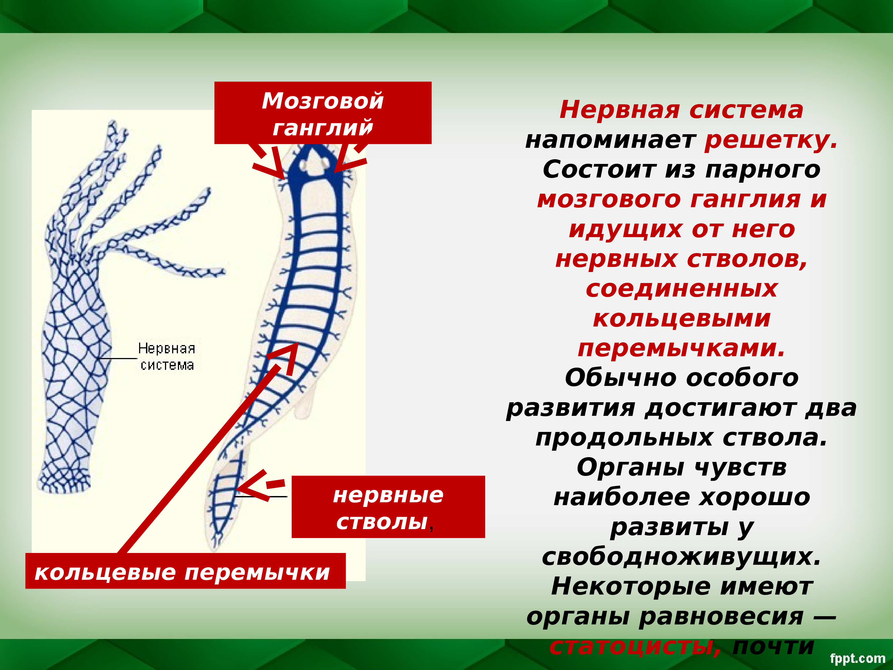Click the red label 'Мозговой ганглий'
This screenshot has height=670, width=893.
(x=323, y=113)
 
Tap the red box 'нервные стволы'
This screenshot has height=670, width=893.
(x=388, y=508)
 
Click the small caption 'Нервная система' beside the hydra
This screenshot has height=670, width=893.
(x=166, y=357)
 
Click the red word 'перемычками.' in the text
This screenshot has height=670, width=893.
(x=681, y=348)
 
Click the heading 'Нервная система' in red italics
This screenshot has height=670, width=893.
(x=681, y=110)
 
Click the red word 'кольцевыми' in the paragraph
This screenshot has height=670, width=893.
(x=681, y=319)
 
